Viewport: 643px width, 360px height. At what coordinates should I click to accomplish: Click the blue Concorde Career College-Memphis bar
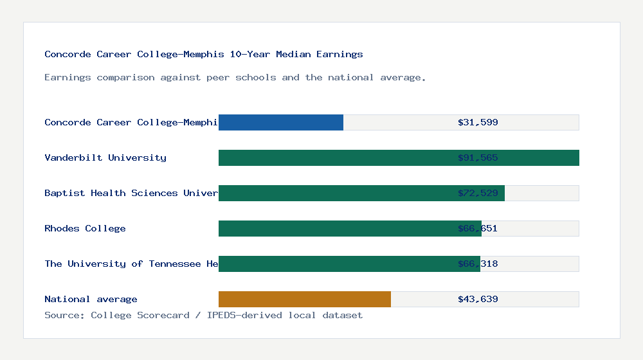[x=281, y=122]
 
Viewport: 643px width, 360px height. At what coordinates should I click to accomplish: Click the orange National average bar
[x=305, y=299]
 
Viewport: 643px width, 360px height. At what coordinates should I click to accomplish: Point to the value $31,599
[x=478, y=122]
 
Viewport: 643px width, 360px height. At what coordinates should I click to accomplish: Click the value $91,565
[x=478, y=157]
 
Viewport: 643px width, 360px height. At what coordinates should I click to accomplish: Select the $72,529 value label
[x=478, y=193]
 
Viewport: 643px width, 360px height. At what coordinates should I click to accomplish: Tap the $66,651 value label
[x=478, y=228]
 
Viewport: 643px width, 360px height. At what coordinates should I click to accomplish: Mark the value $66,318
[x=478, y=264]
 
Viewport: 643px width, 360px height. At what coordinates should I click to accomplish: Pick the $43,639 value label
[x=478, y=299]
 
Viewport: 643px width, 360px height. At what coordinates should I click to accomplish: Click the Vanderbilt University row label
[x=105, y=157]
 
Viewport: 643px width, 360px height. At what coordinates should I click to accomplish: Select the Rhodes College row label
[x=85, y=228]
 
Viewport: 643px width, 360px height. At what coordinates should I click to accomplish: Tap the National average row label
[x=91, y=299]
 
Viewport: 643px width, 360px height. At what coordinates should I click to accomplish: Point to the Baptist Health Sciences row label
[x=131, y=193]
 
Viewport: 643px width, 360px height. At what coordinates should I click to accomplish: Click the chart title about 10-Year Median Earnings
[x=204, y=54]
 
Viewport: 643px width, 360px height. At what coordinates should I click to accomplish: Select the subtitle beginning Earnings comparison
[x=235, y=77]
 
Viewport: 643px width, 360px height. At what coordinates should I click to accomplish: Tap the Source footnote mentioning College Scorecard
[x=203, y=315]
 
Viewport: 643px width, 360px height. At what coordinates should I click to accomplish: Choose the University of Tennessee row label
[x=131, y=264]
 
